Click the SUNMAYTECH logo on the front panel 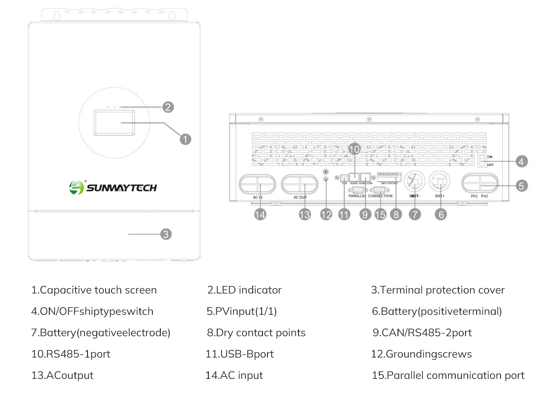point(113,187)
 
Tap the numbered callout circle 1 point(185,139)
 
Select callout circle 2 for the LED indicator point(167,107)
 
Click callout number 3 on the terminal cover point(165,234)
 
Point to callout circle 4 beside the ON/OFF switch point(521,161)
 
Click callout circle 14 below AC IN point(260,214)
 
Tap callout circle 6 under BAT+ point(441,214)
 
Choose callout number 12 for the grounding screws point(326,214)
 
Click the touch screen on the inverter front point(114,122)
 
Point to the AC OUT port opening point(300,185)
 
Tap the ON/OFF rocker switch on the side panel point(482,161)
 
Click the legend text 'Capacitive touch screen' point(94,290)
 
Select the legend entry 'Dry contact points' point(256,333)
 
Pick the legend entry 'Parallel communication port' point(448,375)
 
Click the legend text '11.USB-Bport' point(239,354)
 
